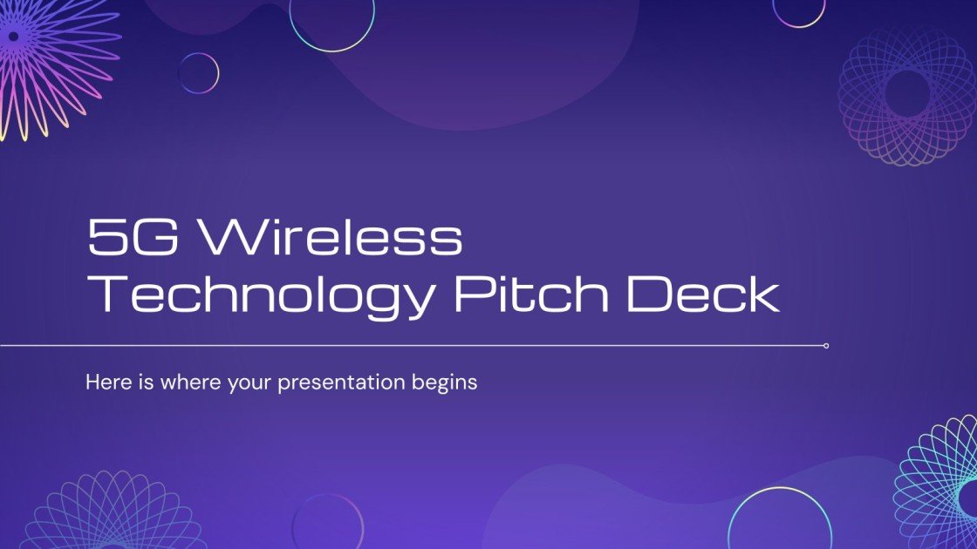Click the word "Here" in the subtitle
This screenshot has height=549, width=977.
106,382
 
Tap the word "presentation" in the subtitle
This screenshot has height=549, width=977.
341,383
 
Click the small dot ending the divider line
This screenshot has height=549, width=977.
825,346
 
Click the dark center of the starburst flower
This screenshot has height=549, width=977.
13,37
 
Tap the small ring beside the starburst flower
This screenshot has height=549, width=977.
199,73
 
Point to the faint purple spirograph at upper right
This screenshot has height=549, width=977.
907,93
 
